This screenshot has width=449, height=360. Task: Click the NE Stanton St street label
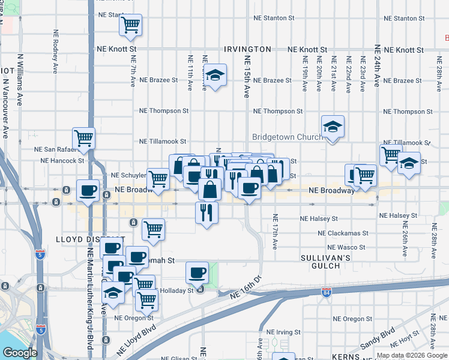pos(273,18)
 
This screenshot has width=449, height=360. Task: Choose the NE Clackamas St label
pos(343,233)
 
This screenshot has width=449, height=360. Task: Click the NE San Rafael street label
pos(61,149)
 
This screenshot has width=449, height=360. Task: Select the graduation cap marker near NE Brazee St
pos(214,76)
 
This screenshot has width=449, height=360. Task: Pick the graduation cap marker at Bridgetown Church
pos(332,127)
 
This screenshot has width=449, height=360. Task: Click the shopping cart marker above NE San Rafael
pos(84,137)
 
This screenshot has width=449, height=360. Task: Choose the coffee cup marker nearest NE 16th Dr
pos(197,273)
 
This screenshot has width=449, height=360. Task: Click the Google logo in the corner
pos(20,353)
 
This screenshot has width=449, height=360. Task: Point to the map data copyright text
pos(411,355)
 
